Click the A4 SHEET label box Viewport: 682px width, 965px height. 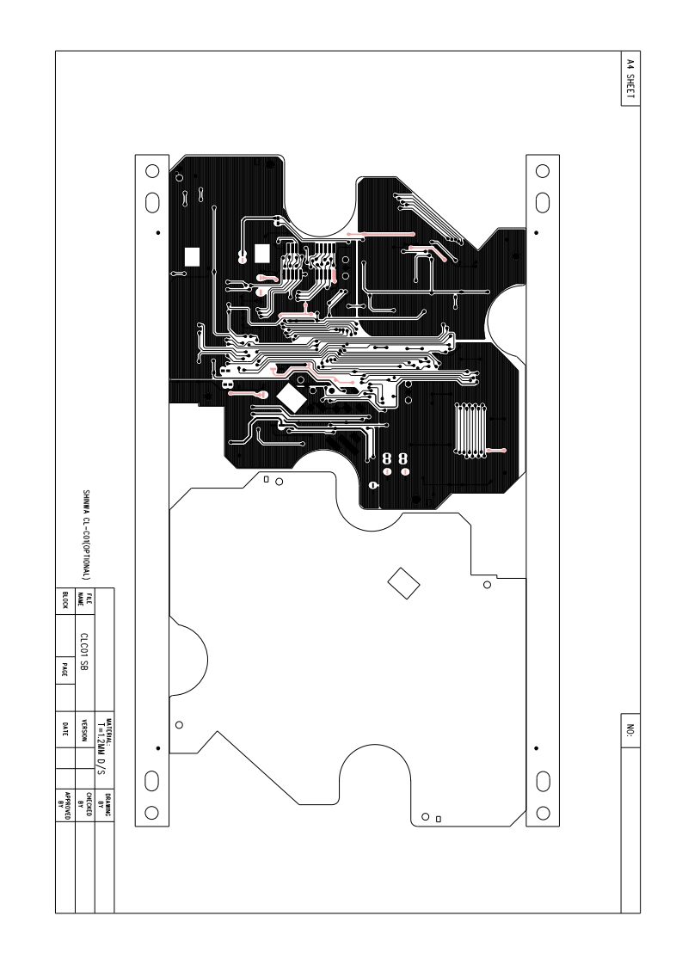point(630,78)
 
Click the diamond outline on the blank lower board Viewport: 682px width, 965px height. point(402,582)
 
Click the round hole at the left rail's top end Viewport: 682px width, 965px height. point(151,169)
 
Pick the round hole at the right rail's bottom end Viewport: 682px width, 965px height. point(543,811)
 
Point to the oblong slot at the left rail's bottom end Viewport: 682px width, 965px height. point(151,780)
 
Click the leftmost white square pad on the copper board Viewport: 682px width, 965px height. point(192,256)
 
